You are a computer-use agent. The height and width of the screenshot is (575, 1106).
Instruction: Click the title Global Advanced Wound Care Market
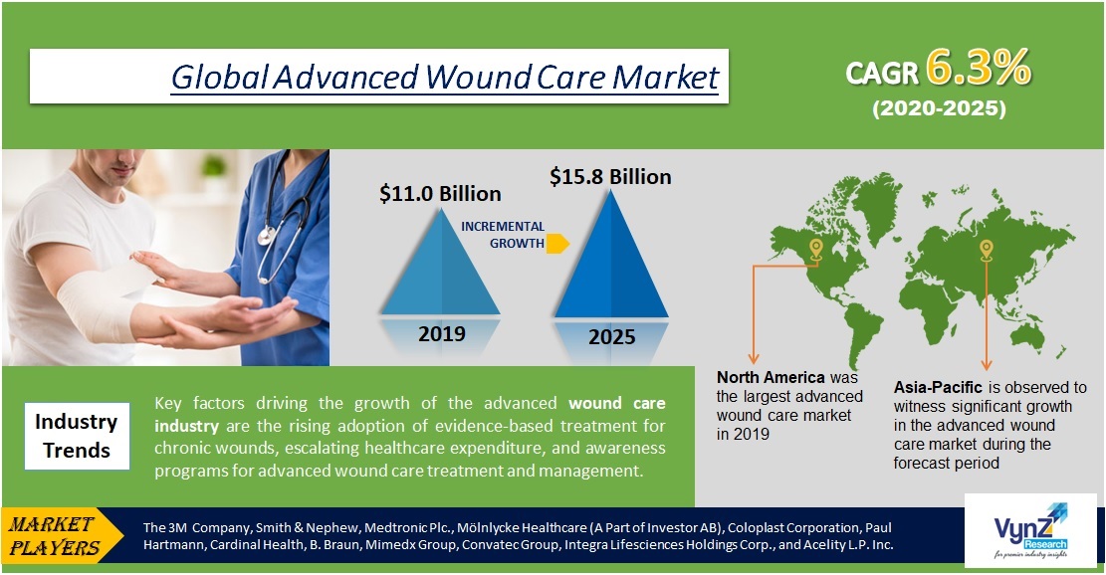pos(444,77)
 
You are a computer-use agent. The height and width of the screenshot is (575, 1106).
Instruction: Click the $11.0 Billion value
pos(440,193)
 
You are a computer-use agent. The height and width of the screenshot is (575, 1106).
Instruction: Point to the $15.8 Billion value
pos(610,176)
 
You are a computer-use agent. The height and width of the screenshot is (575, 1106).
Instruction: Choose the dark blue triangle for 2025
pos(610,259)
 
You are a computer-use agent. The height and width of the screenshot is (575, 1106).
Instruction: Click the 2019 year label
pos(441,333)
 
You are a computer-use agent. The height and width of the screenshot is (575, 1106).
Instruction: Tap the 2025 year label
pos(611,336)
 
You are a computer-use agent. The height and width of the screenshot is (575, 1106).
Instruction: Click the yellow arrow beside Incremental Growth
pos(558,243)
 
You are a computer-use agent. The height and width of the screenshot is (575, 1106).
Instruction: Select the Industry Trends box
pos(76,436)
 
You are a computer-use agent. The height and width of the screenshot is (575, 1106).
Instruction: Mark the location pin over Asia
pos(987,249)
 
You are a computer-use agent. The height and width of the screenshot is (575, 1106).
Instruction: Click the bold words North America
pos(771,378)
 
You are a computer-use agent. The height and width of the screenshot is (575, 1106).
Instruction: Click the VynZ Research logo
pos(1032,534)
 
